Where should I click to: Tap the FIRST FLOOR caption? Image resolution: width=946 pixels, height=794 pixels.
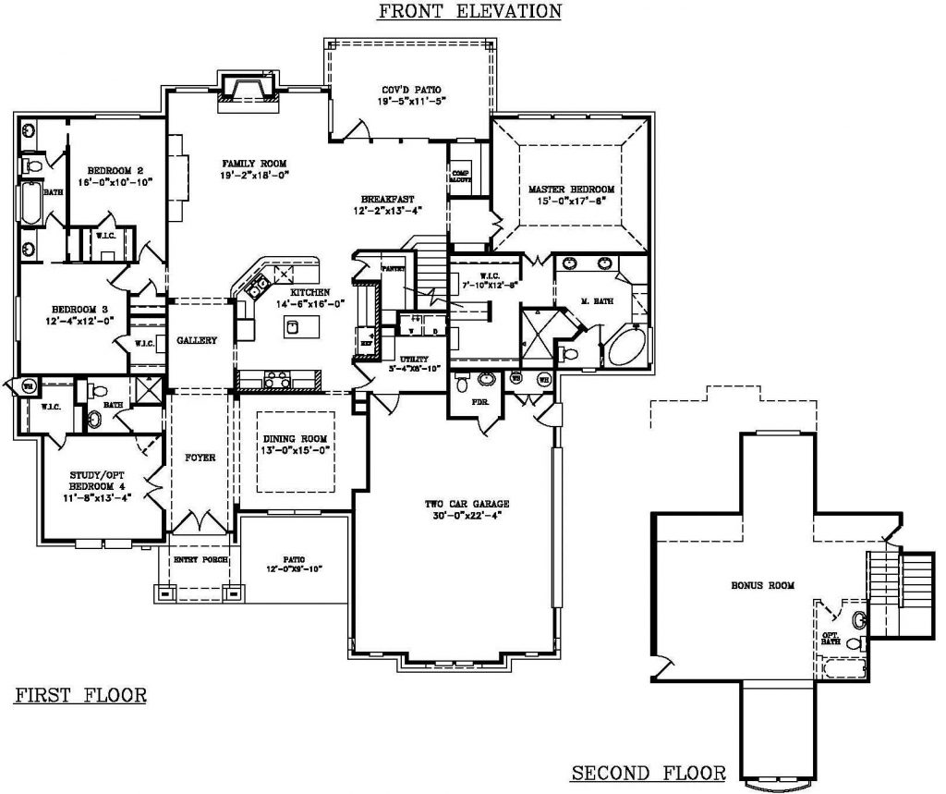[x=80, y=695]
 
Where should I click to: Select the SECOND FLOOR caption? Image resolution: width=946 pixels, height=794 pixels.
[x=648, y=773]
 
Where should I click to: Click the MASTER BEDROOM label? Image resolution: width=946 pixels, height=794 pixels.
[x=571, y=189]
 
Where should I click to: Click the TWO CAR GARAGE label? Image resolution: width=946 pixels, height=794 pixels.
[x=467, y=504]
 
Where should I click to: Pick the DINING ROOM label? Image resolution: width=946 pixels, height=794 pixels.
[x=293, y=439]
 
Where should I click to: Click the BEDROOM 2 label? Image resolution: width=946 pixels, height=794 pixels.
[x=115, y=170]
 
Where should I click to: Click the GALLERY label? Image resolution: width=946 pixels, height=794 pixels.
[x=197, y=340]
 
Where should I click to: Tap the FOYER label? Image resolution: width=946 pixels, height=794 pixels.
[x=200, y=458]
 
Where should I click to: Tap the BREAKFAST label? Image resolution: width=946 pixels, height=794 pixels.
[x=387, y=199]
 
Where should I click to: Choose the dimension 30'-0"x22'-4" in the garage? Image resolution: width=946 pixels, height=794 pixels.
[x=467, y=516]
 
